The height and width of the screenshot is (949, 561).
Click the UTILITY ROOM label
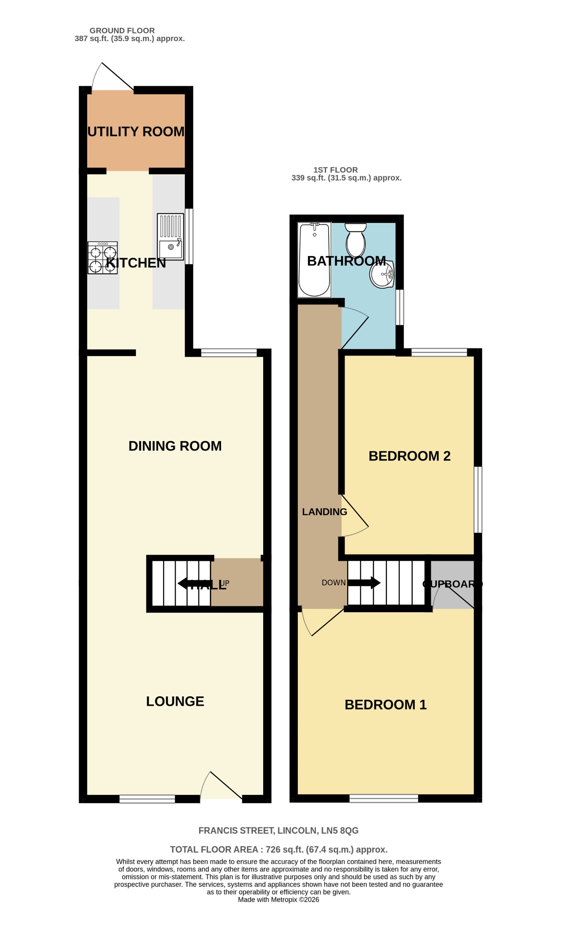pos(136,131)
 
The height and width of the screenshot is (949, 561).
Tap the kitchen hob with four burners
pos(102,258)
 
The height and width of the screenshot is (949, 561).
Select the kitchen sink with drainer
pos(170,236)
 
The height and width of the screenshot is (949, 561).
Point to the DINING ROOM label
pos(175,446)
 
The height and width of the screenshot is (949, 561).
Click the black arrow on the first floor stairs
pos(365,583)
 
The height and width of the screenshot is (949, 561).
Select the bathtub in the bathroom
pos(314,260)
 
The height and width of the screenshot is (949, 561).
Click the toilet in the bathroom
pos(355,240)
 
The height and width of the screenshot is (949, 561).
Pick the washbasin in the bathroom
pos(382,274)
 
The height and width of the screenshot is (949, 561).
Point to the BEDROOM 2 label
pos(409,456)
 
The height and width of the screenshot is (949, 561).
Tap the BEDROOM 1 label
pos(386,704)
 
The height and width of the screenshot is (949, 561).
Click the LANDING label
pos(324,512)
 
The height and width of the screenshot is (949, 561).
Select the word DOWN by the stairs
pos(334,583)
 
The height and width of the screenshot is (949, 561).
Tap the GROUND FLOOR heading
pos(122,31)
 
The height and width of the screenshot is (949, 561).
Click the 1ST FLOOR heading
pos(335,170)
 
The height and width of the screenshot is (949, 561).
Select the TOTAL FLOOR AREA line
pos(279,850)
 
